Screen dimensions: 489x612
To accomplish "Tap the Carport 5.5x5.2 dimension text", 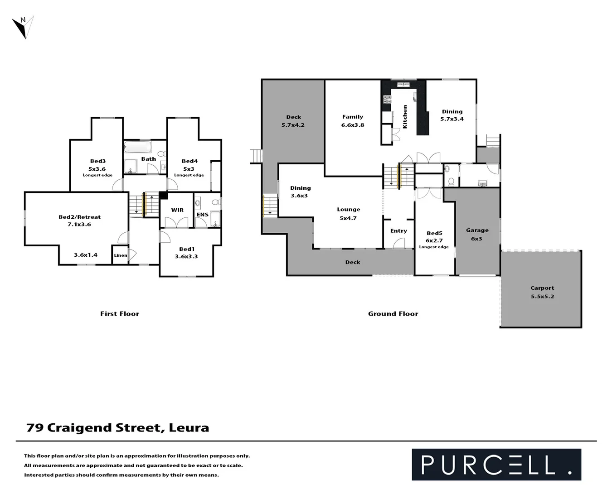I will coord(542,297).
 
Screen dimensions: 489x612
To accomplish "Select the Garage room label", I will coord(477,230).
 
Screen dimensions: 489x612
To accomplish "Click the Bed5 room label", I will coord(434,233).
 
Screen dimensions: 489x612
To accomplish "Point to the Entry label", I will coord(398,231).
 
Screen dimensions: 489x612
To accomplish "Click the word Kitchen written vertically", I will coord(405,117).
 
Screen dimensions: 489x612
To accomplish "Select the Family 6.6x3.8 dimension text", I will coord(352,125).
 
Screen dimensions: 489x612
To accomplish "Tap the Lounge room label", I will coord(348,210).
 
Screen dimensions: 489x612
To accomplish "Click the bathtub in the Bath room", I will coord(138,148).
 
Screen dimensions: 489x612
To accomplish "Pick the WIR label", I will coord(177,210).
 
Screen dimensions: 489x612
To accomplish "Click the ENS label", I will coord(202,215).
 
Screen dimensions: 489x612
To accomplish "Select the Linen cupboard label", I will coord(121,255).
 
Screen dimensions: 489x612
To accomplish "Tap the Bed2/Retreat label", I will coord(79,217).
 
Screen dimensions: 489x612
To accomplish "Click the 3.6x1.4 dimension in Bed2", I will coord(86,255).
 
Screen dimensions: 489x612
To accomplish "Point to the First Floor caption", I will coord(120,314).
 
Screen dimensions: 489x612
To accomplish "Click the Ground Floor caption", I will coord(393,314).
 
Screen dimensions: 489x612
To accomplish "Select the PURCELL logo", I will coord(496,465).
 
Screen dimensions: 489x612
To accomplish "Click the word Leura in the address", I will coord(189,428).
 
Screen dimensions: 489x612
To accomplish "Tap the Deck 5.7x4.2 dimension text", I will coord(293,125).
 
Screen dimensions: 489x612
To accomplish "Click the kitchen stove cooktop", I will coord(387,99).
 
